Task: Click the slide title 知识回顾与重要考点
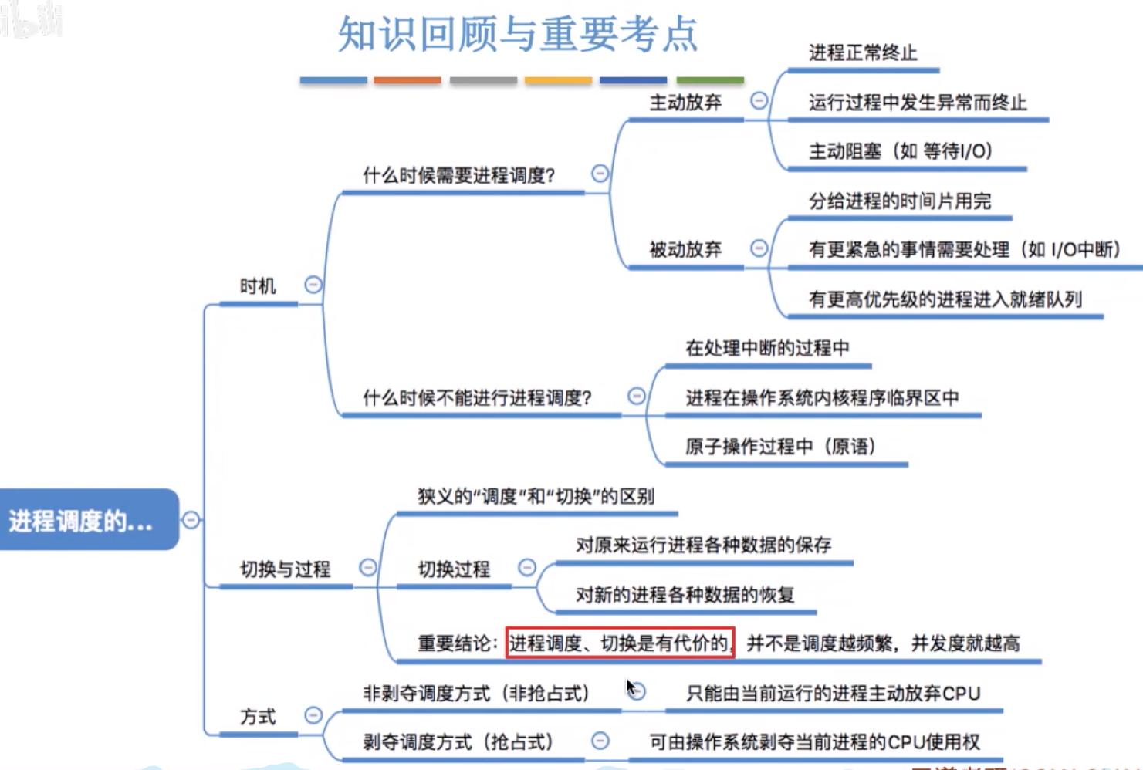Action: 518,34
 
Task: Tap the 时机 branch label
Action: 257,286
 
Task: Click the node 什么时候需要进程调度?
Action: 459,176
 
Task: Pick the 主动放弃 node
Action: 685,103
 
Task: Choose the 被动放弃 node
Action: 685,249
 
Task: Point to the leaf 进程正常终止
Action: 863,53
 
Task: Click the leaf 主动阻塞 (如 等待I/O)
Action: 901,151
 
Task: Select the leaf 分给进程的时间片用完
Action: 900,201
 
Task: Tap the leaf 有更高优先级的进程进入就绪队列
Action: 945,299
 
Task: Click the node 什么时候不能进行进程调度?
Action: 477,398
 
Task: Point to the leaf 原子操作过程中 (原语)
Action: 780,447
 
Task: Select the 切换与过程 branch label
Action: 286,569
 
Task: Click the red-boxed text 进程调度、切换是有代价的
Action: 619,643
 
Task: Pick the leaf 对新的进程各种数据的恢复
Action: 685,595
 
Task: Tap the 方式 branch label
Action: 258,717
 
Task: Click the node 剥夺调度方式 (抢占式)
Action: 458,742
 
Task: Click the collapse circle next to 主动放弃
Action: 759,100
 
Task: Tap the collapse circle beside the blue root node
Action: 191,520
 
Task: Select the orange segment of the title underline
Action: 407,80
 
